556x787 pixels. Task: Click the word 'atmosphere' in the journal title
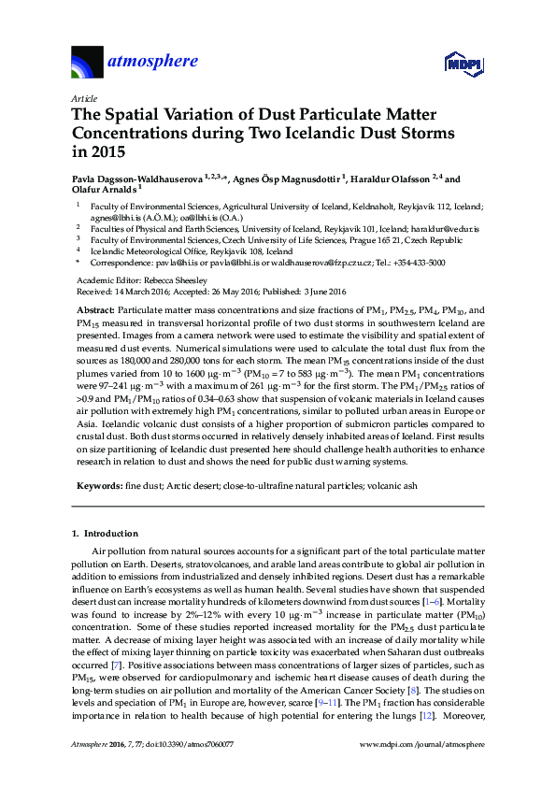[x=154, y=62]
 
